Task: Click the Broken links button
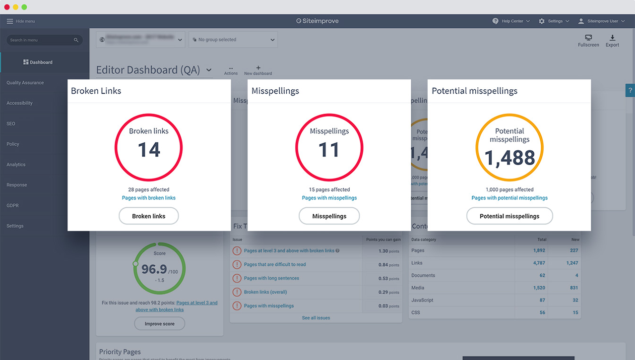point(149,216)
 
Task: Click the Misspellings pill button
point(329,216)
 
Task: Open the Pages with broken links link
point(149,198)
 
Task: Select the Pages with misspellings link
point(329,198)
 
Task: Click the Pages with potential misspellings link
point(509,198)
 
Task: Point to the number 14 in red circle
point(149,150)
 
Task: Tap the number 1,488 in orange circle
point(509,158)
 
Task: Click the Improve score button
point(160,324)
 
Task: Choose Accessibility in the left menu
point(20,103)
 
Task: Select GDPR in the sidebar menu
point(13,205)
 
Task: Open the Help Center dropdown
point(511,21)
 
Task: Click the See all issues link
point(316,318)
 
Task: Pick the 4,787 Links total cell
point(539,263)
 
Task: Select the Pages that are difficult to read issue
point(275,265)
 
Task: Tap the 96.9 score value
point(154,269)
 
